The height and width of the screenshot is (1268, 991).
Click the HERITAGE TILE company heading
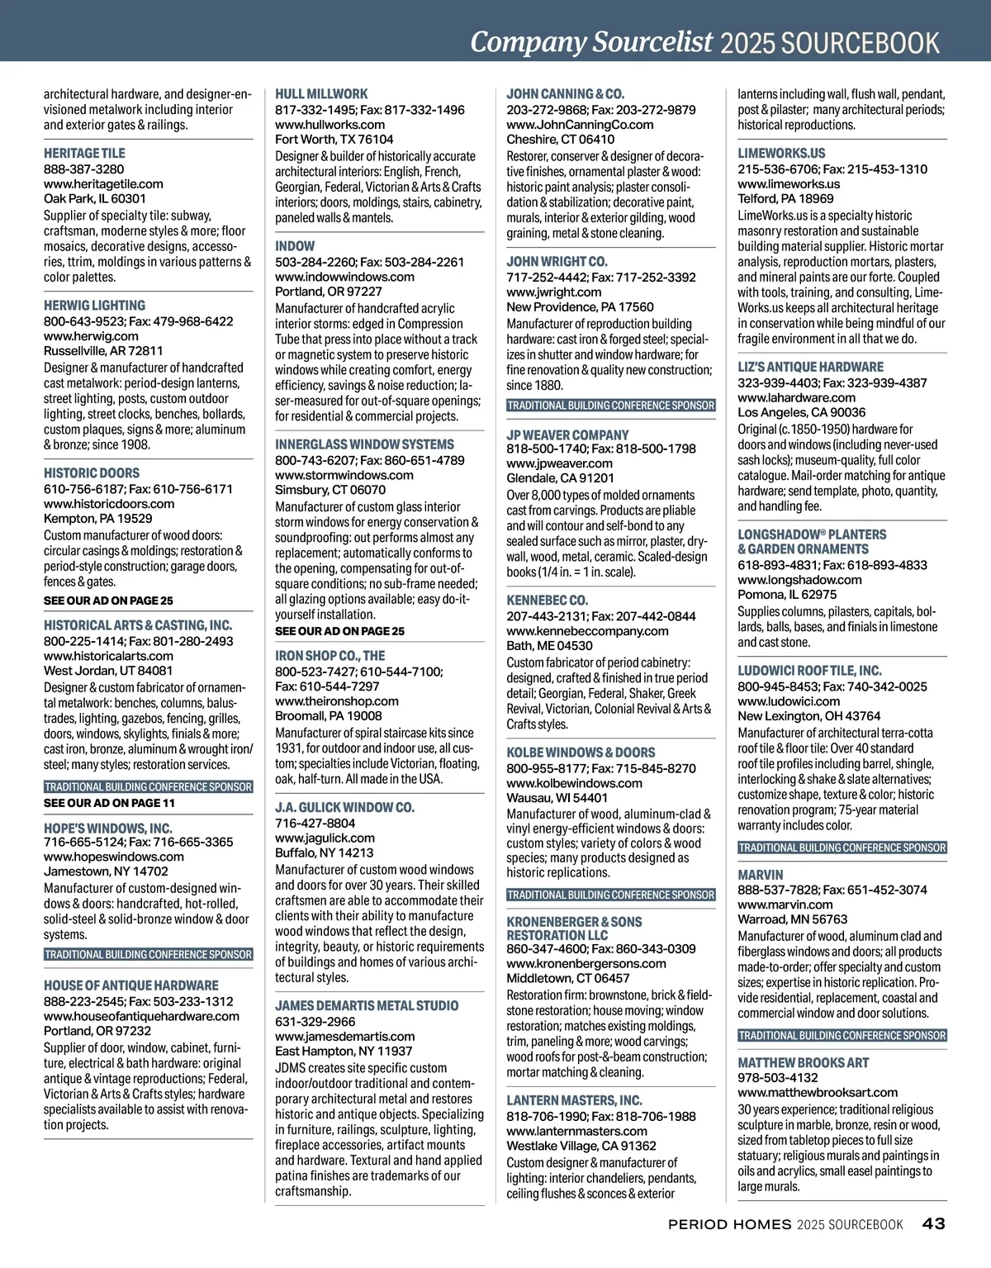84,154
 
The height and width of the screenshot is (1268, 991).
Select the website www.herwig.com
91,336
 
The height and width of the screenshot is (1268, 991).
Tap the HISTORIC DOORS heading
92,473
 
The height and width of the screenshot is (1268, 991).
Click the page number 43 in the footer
933,1223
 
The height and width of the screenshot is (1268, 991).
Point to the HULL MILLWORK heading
321,94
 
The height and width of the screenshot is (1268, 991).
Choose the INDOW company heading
295,246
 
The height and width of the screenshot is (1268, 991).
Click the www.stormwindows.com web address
344,475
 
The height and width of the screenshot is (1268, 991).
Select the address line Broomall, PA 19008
329,716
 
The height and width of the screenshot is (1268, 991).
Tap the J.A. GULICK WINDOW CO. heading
344,808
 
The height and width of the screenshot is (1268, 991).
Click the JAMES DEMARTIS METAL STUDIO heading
367,1006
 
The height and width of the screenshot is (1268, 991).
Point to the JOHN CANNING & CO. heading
565,94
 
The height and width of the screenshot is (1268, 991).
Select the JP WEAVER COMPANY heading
567,435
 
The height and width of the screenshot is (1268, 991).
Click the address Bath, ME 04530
549,646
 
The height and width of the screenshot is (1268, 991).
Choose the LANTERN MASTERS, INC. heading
574,1101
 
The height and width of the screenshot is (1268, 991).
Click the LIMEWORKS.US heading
781,154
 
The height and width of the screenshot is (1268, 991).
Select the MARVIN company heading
760,875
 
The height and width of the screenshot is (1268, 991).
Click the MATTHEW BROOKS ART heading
803,1063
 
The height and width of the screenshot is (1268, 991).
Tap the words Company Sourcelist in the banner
591,41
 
